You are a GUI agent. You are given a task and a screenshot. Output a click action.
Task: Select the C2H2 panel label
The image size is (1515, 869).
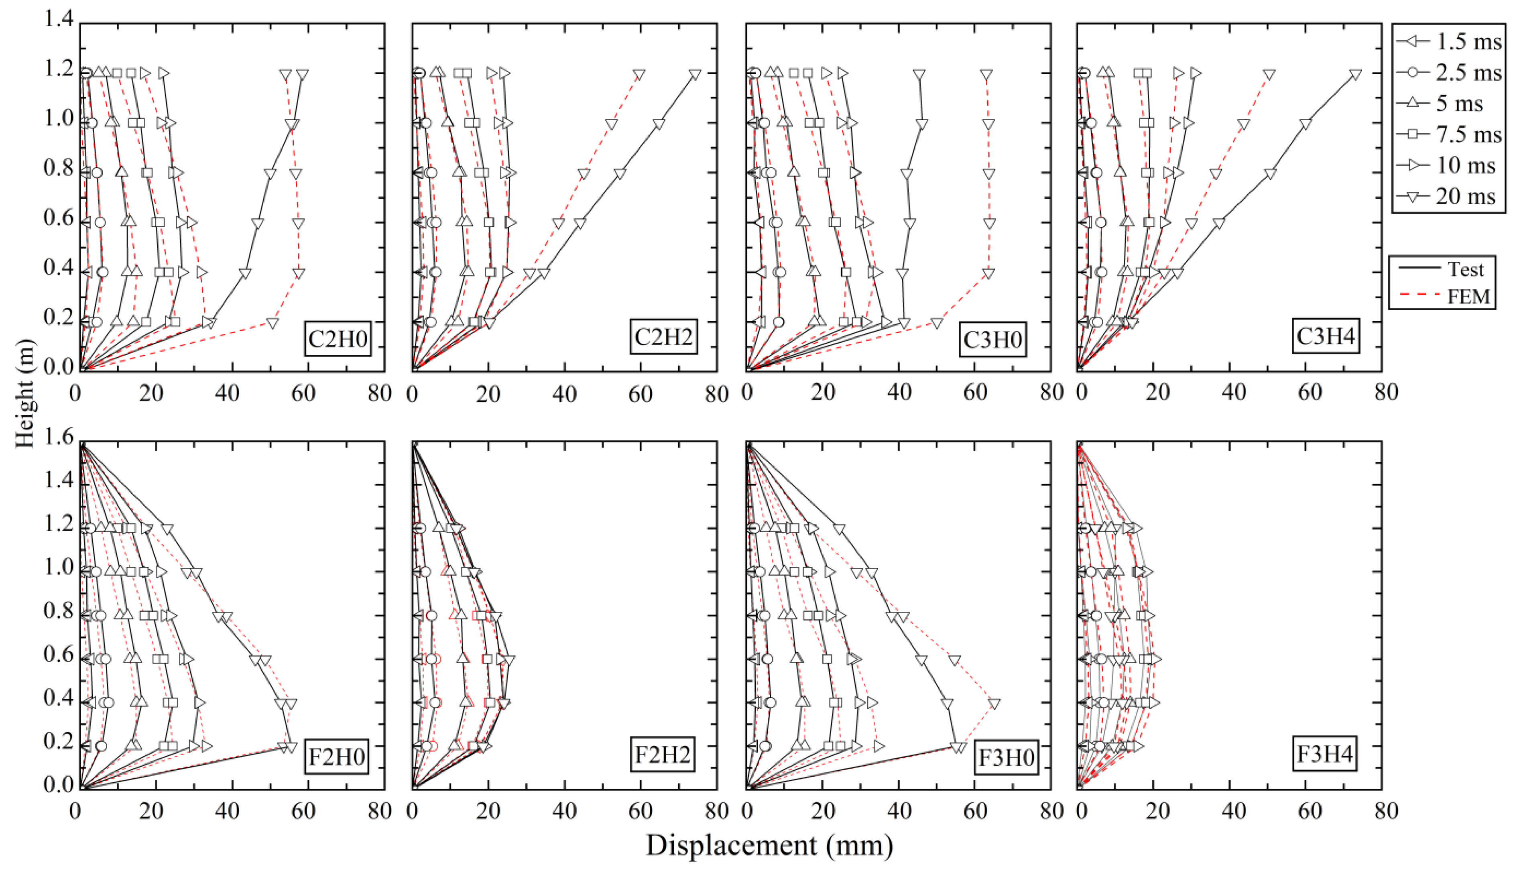coord(663,337)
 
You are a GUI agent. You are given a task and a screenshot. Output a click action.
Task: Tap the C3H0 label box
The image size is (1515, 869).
coord(992,339)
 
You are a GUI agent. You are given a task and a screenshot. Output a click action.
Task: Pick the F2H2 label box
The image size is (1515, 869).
coord(662,755)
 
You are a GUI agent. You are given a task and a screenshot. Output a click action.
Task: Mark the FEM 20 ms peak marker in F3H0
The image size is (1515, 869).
coord(994,704)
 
